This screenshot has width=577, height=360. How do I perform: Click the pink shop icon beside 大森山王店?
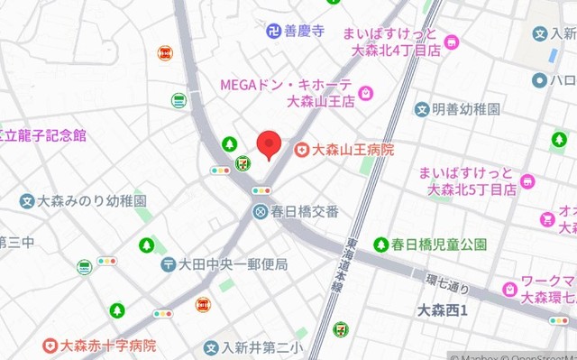pos(367,93)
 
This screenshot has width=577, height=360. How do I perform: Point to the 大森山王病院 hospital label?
pos(353,150)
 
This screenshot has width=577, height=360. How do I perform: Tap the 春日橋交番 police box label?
pos(306,211)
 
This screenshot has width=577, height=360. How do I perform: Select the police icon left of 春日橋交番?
pos(260,211)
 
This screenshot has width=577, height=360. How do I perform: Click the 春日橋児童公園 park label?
pos(439,244)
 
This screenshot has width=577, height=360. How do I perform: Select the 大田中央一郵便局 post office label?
pos(233,264)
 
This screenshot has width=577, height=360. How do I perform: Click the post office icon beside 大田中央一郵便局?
pos(169,264)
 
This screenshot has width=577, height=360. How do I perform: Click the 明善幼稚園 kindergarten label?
pos(465,109)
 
